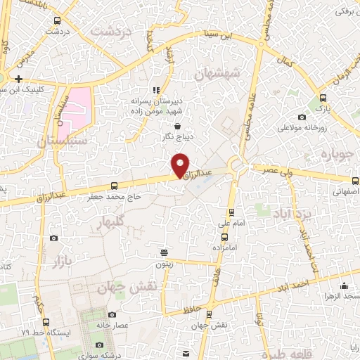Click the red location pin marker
click(x=181, y=165)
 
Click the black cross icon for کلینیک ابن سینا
click(x=18, y=79)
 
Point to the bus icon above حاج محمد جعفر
click(x=115, y=186)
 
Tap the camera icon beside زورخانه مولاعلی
click(x=302, y=117)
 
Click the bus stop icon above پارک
click(x=323, y=98)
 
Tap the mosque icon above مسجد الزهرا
click(x=344, y=285)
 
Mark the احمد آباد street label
click(x=312, y=283)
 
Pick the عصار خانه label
click(x=131, y=326)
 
